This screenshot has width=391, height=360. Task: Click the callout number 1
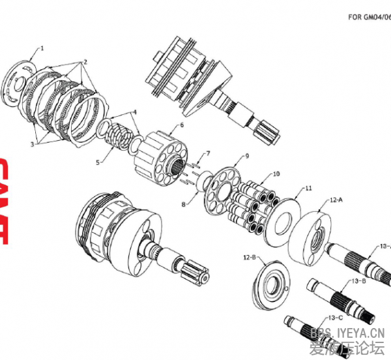click(43, 48)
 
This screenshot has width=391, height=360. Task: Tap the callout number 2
click(84, 62)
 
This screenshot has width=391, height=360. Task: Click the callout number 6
click(182, 125)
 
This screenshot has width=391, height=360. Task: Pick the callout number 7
click(208, 154)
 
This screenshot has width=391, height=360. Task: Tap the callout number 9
click(247, 157)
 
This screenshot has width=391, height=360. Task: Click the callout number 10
click(276, 174)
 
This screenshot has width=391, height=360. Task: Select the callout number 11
click(308, 188)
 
